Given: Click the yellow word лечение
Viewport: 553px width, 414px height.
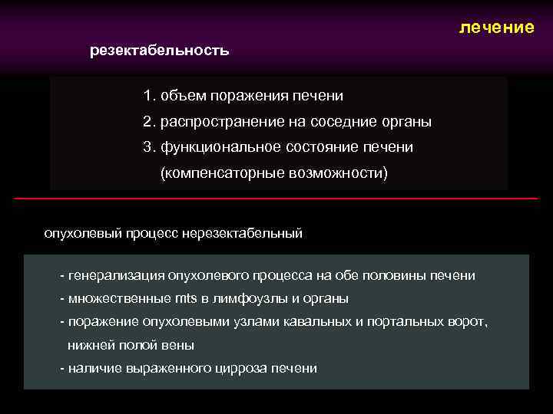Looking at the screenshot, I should (496, 28).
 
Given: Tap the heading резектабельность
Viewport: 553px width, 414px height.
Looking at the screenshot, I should (159, 51).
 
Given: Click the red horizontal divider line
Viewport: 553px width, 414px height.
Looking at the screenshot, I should (276, 199).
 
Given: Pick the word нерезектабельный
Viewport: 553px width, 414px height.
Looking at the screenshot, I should (243, 233).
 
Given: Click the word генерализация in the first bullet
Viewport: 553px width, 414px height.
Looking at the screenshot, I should (116, 275).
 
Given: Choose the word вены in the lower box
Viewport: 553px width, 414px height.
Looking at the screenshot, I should (178, 345).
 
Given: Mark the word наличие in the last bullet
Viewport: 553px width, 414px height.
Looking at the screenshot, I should (91, 369).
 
